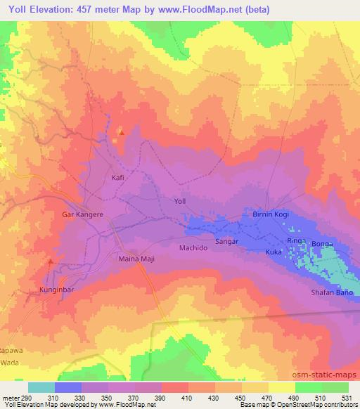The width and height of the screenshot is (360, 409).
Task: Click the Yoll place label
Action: point(179,201)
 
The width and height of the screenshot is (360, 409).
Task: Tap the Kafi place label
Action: point(118,178)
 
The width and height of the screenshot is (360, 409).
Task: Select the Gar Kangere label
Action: point(83,214)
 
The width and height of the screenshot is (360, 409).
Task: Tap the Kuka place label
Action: point(274,252)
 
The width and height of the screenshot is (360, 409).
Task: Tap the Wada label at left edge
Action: point(8,344)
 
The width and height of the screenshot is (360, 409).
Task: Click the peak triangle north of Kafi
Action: point(122,131)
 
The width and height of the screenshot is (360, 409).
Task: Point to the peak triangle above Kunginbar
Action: point(49,261)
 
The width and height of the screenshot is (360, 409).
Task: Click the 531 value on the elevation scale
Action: point(347,398)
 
